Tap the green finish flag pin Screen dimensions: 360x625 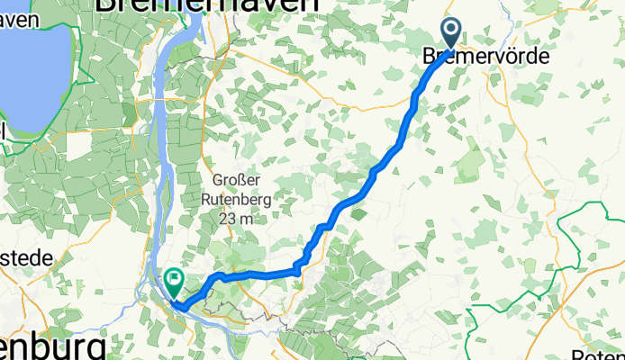(x=171, y=281)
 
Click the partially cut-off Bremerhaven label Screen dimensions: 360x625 (x=206, y=5)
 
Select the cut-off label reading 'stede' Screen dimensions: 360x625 (x=26, y=258)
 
